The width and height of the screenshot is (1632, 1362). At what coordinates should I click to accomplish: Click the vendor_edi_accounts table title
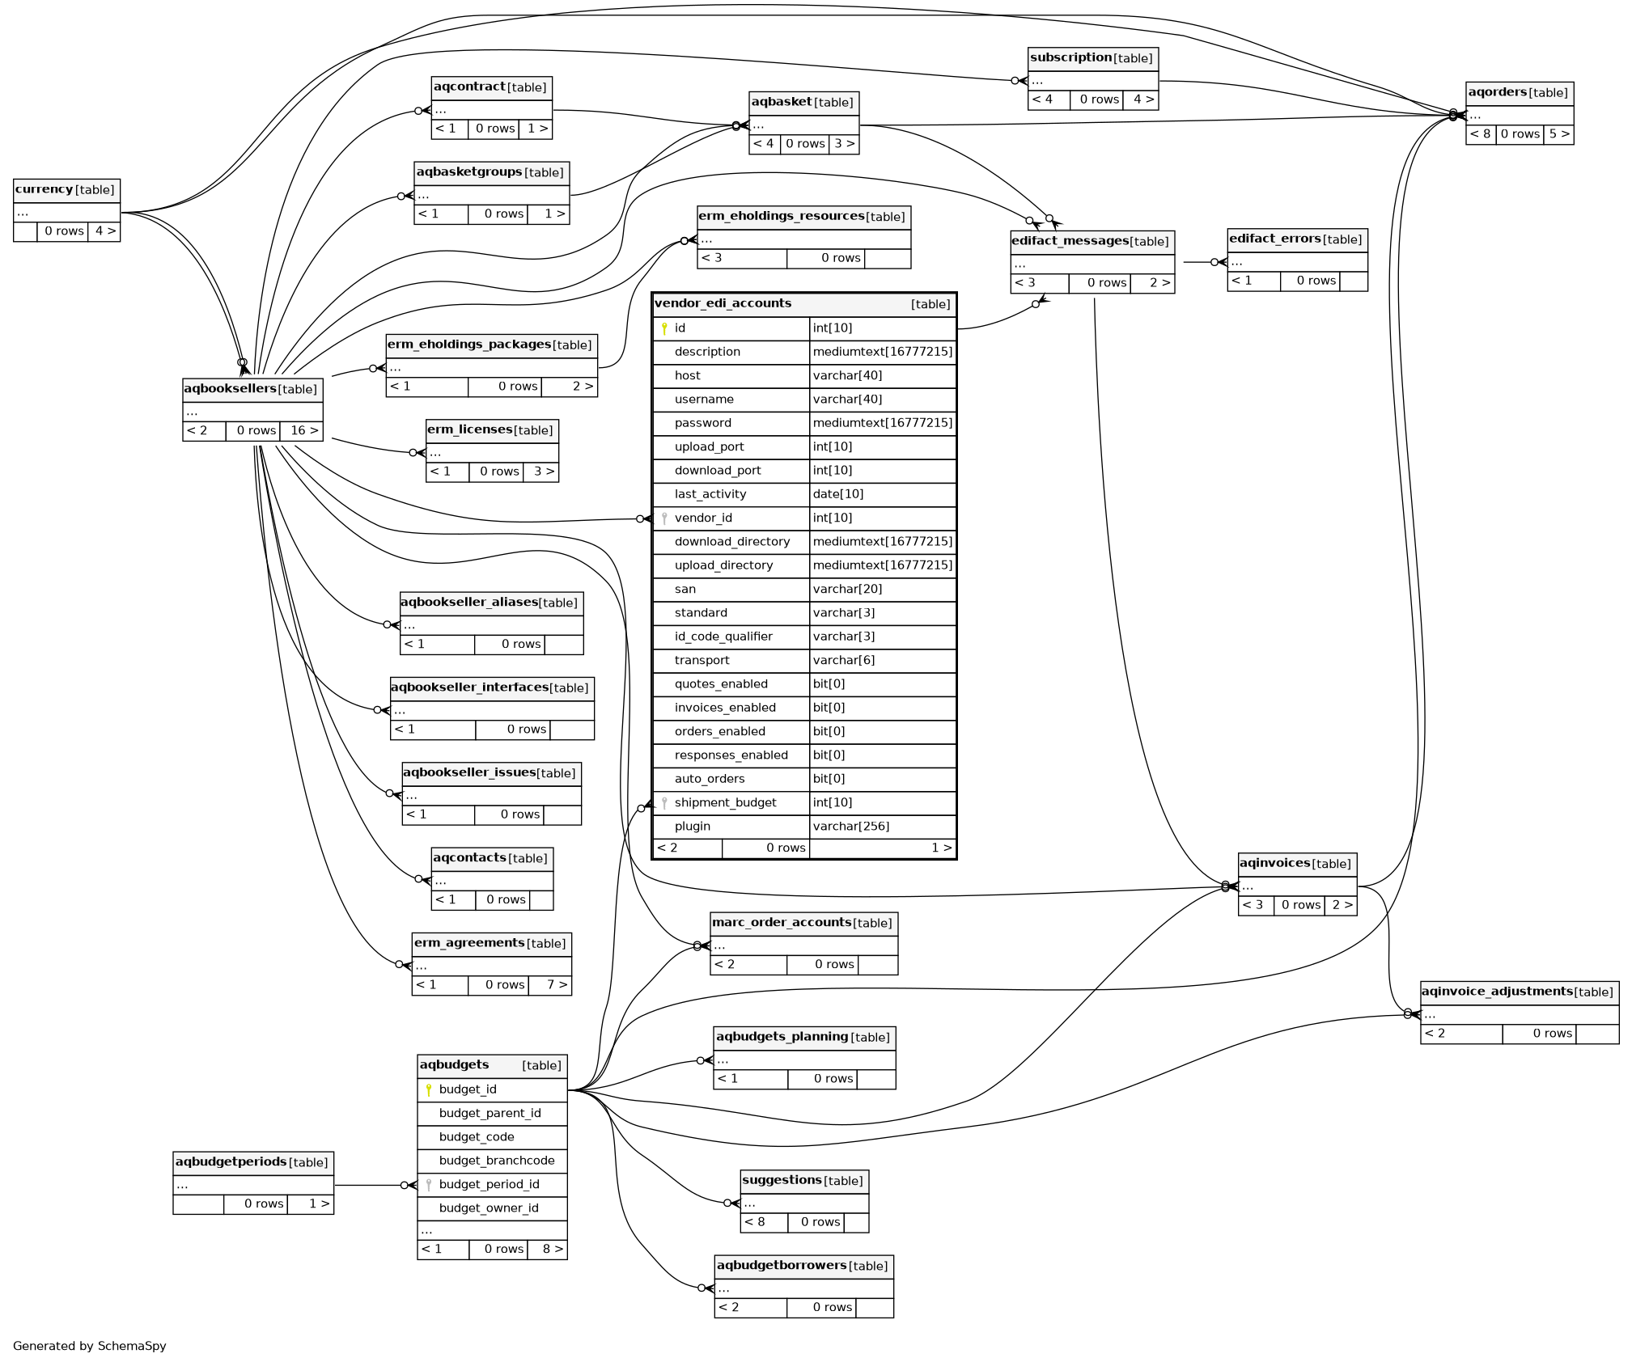[x=723, y=303]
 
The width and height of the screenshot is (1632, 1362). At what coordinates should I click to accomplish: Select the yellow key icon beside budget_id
[x=429, y=1089]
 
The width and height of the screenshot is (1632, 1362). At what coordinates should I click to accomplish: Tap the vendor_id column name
[x=702, y=518]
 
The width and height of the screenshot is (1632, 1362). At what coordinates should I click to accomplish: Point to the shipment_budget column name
[x=725, y=802]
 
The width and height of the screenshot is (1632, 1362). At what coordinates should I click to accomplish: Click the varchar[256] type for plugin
[x=850, y=826]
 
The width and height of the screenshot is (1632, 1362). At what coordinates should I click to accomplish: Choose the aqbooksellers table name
[x=231, y=389]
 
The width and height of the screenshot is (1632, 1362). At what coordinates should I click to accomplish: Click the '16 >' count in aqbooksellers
[x=304, y=430]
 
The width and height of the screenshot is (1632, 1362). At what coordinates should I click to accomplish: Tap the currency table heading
[x=45, y=190]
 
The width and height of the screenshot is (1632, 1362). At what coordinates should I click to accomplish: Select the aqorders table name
[x=1497, y=93]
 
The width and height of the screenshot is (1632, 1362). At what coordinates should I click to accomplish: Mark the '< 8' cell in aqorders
[x=1480, y=134]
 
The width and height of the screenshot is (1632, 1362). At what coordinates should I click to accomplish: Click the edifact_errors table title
[x=1274, y=239]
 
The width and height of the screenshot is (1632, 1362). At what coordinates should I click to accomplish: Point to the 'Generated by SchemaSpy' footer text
[x=90, y=1346]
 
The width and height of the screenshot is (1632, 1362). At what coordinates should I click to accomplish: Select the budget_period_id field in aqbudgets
[x=489, y=1184]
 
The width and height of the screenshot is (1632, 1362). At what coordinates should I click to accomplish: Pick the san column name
[x=685, y=589]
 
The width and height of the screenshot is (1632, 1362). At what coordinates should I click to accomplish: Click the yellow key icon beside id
[x=664, y=328]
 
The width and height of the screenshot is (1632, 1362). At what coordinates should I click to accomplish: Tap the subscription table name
[x=1070, y=58]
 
